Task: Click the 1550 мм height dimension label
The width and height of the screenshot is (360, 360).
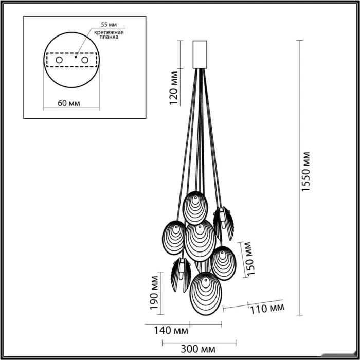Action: pos(306,171)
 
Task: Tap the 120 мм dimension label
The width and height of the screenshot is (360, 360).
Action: pos(174,88)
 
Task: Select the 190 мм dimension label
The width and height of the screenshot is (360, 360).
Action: pos(154,293)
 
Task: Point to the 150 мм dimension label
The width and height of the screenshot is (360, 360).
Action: pos(250,259)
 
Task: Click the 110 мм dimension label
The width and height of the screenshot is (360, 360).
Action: pos(267,309)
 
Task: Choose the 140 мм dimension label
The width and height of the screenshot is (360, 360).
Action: pos(171,331)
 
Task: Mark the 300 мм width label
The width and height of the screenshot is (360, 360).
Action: pos(198,349)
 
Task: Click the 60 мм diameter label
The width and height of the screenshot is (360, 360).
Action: pos(69,103)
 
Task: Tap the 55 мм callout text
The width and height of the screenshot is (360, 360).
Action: pos(109,25)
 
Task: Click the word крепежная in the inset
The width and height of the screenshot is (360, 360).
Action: pos(109,32)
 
